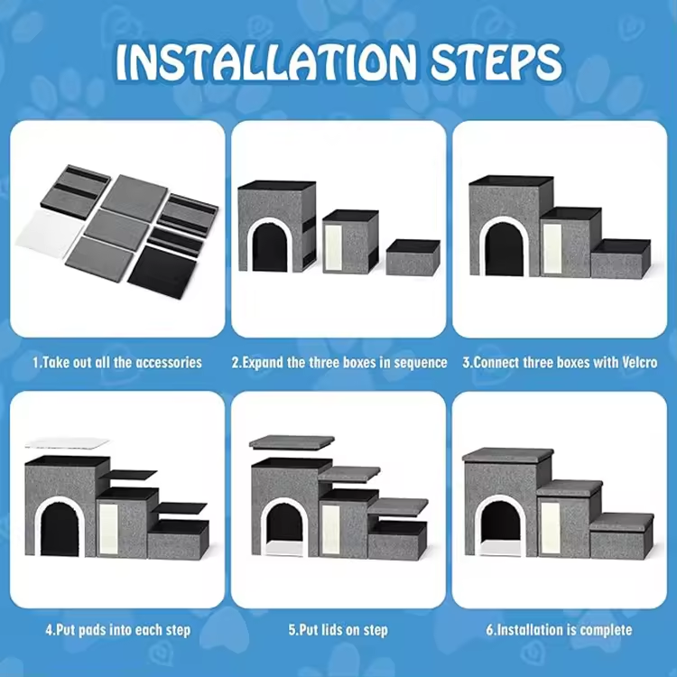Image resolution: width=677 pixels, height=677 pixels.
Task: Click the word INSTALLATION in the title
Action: coord(266,62)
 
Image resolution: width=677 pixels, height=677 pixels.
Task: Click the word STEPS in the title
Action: coord(496,62)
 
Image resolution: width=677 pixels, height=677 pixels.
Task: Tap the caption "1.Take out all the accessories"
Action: coord(117,362)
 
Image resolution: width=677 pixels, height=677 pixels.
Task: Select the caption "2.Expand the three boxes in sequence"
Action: coord(338,363)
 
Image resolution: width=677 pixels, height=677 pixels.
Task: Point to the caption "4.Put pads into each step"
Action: coord(118,630)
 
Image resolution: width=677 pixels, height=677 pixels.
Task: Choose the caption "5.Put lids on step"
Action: coord(338,630)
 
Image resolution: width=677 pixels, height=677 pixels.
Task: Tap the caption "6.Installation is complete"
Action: coord(559,629)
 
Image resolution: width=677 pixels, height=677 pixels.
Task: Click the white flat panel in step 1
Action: coord(50,233)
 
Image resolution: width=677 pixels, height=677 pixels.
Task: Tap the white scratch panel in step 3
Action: coord(552,248)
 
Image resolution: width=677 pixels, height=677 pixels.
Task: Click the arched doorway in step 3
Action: coord(504,247)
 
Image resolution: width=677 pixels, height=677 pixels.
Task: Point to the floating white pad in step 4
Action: coord(67,443)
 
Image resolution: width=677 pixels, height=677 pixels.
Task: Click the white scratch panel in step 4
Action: coord(108,528)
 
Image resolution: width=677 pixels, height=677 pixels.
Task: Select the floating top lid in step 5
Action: coord(292,442)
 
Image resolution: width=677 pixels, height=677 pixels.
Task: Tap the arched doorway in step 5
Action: coord(284,527)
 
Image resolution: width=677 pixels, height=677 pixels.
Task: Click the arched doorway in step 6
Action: coord(501,525)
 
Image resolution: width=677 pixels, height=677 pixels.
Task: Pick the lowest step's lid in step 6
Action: coord(622,522)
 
